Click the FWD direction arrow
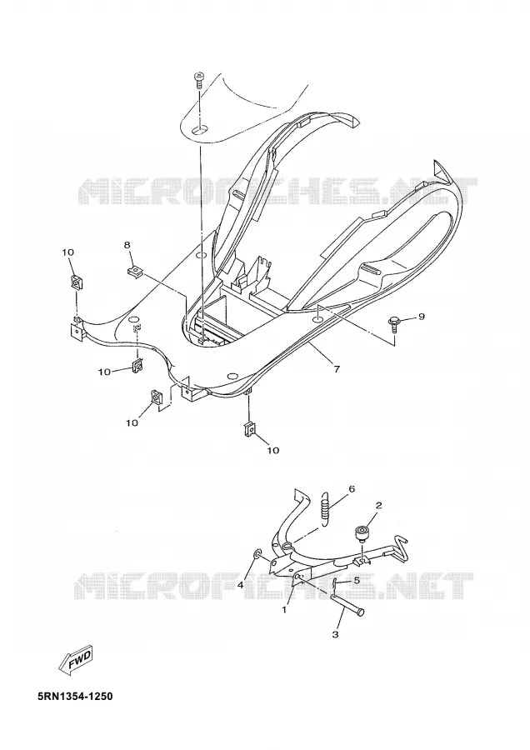76,661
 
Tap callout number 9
421,317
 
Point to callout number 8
127,245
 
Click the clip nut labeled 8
135,272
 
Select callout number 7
337,369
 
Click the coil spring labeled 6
324,508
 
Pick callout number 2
378,505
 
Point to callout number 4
241,584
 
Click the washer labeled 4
257,554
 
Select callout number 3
335,635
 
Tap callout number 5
356,580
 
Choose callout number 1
285,610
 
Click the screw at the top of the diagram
197,80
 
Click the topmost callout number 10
67,252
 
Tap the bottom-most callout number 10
273,450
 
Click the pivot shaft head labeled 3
360,612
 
